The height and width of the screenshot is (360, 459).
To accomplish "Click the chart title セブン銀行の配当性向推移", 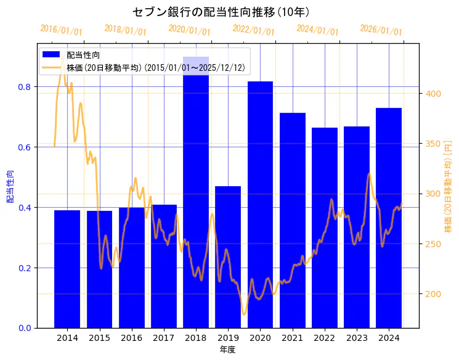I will point(221,12).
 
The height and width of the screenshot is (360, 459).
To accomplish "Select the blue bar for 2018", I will point(196,197).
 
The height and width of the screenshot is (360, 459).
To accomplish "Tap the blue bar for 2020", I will point(260,210).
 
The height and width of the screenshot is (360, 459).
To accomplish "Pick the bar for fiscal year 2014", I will point(67,271).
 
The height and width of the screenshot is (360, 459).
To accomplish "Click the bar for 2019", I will point(228,259).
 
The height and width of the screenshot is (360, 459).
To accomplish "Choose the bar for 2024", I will point(389,222).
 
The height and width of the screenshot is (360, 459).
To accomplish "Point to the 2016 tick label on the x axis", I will point(132,338).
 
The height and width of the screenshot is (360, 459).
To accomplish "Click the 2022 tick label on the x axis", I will point(324,338).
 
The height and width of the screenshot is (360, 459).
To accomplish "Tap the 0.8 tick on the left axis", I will point(25,87).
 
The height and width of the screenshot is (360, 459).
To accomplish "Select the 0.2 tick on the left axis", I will point(25,268).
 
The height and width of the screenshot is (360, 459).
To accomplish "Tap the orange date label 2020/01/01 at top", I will point(189,30).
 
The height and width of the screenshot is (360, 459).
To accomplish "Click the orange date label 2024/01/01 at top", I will point(317,30).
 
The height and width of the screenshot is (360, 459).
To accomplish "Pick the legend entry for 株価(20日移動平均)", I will point(157,67).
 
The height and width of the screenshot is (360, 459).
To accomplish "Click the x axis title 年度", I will point(227,350).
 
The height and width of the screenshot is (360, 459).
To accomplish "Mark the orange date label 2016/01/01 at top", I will point(61,30).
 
